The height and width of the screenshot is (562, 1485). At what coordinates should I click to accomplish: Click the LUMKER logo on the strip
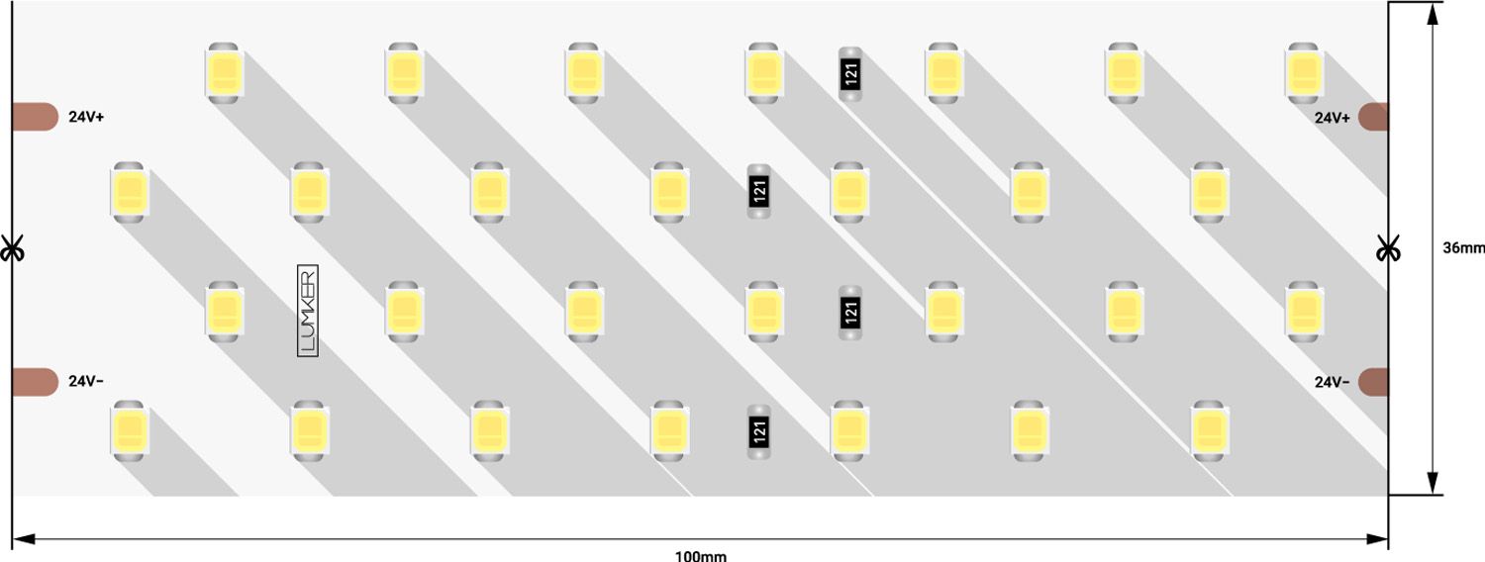point(308,311)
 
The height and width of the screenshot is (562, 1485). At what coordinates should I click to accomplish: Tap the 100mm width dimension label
point(701,556)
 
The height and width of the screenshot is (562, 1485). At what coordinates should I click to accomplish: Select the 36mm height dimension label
point(1464,248)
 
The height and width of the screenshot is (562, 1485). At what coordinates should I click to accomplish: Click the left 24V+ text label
point(87,118)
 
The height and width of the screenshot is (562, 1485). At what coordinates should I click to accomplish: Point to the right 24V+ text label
point(1333,118)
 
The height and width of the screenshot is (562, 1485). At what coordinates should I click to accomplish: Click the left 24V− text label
point(86,381)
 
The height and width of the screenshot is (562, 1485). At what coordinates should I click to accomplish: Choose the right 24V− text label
point(1333,382)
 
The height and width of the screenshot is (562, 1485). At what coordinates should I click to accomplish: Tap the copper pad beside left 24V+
point(35,117)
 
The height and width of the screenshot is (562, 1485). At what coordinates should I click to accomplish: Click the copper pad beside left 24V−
point(35,382)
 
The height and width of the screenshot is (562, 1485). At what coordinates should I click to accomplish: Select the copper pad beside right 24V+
point(1374,118)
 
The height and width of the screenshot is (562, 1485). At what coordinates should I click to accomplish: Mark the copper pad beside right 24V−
point(1374,382)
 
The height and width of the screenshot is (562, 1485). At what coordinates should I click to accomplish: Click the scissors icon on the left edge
point(12,248)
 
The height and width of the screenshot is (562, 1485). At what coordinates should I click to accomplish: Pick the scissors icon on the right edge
point(1388,248)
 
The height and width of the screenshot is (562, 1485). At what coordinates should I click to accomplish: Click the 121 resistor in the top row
point(850,73)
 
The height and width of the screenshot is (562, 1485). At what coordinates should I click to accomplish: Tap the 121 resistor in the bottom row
point(759,431)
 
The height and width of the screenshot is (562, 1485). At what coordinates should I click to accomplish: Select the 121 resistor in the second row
point(759,191)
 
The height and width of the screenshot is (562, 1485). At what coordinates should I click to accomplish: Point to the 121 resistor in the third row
point(850,312)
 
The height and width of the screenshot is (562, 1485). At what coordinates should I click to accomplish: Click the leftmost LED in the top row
point(224,73)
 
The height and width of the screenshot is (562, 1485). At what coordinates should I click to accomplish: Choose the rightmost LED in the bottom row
point(1209,430)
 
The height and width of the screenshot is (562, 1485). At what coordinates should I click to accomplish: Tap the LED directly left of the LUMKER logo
point(224,312)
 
